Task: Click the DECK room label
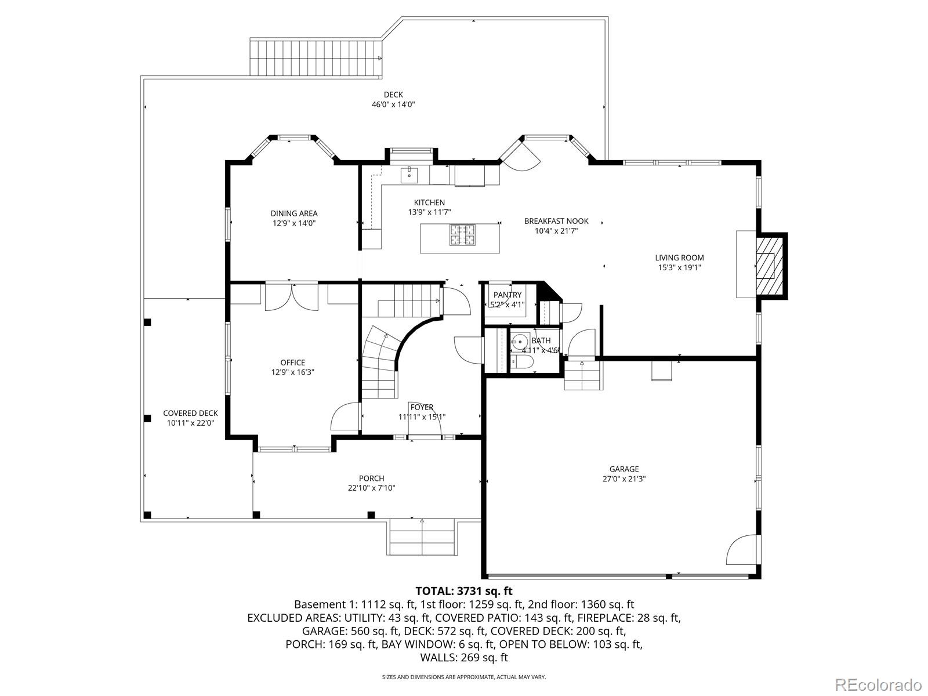point(393,95)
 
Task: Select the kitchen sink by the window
point(409,173)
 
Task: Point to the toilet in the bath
point(520,363)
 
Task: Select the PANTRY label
point(507,295)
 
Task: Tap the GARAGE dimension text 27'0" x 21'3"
point(624,479)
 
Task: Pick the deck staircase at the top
point(316,58)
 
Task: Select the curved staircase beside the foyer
point(380,362)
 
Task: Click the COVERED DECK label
point(190,414)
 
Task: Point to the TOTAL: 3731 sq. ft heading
point(463,591)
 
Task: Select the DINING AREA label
point(294,213)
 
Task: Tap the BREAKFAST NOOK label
point(556,221)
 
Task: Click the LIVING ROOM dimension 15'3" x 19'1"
point(679,268)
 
